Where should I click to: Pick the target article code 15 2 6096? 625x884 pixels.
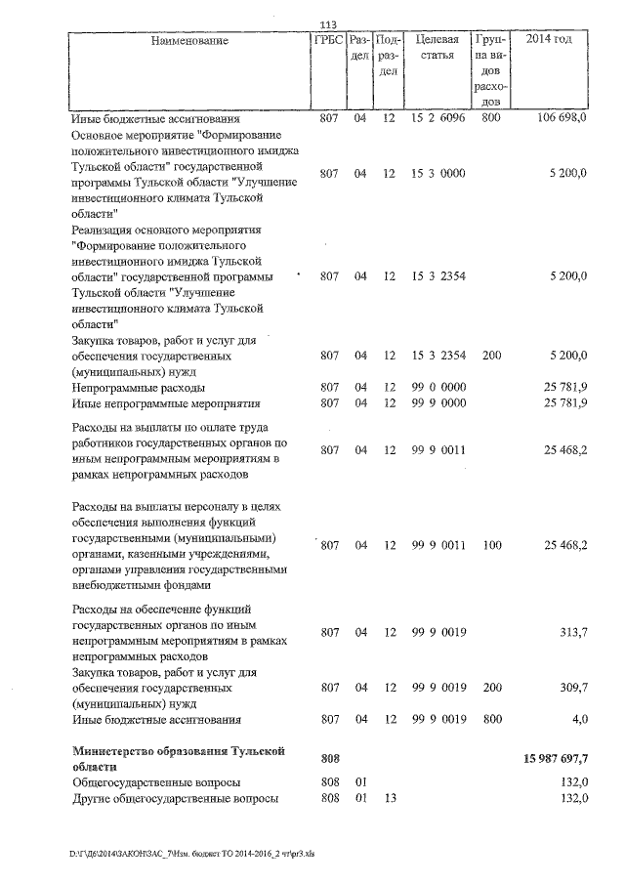437,118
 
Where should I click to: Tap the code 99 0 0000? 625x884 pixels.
437,388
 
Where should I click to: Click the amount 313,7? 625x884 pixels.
570,632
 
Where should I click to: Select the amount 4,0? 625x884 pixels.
578,720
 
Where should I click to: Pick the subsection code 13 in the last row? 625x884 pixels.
389,800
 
